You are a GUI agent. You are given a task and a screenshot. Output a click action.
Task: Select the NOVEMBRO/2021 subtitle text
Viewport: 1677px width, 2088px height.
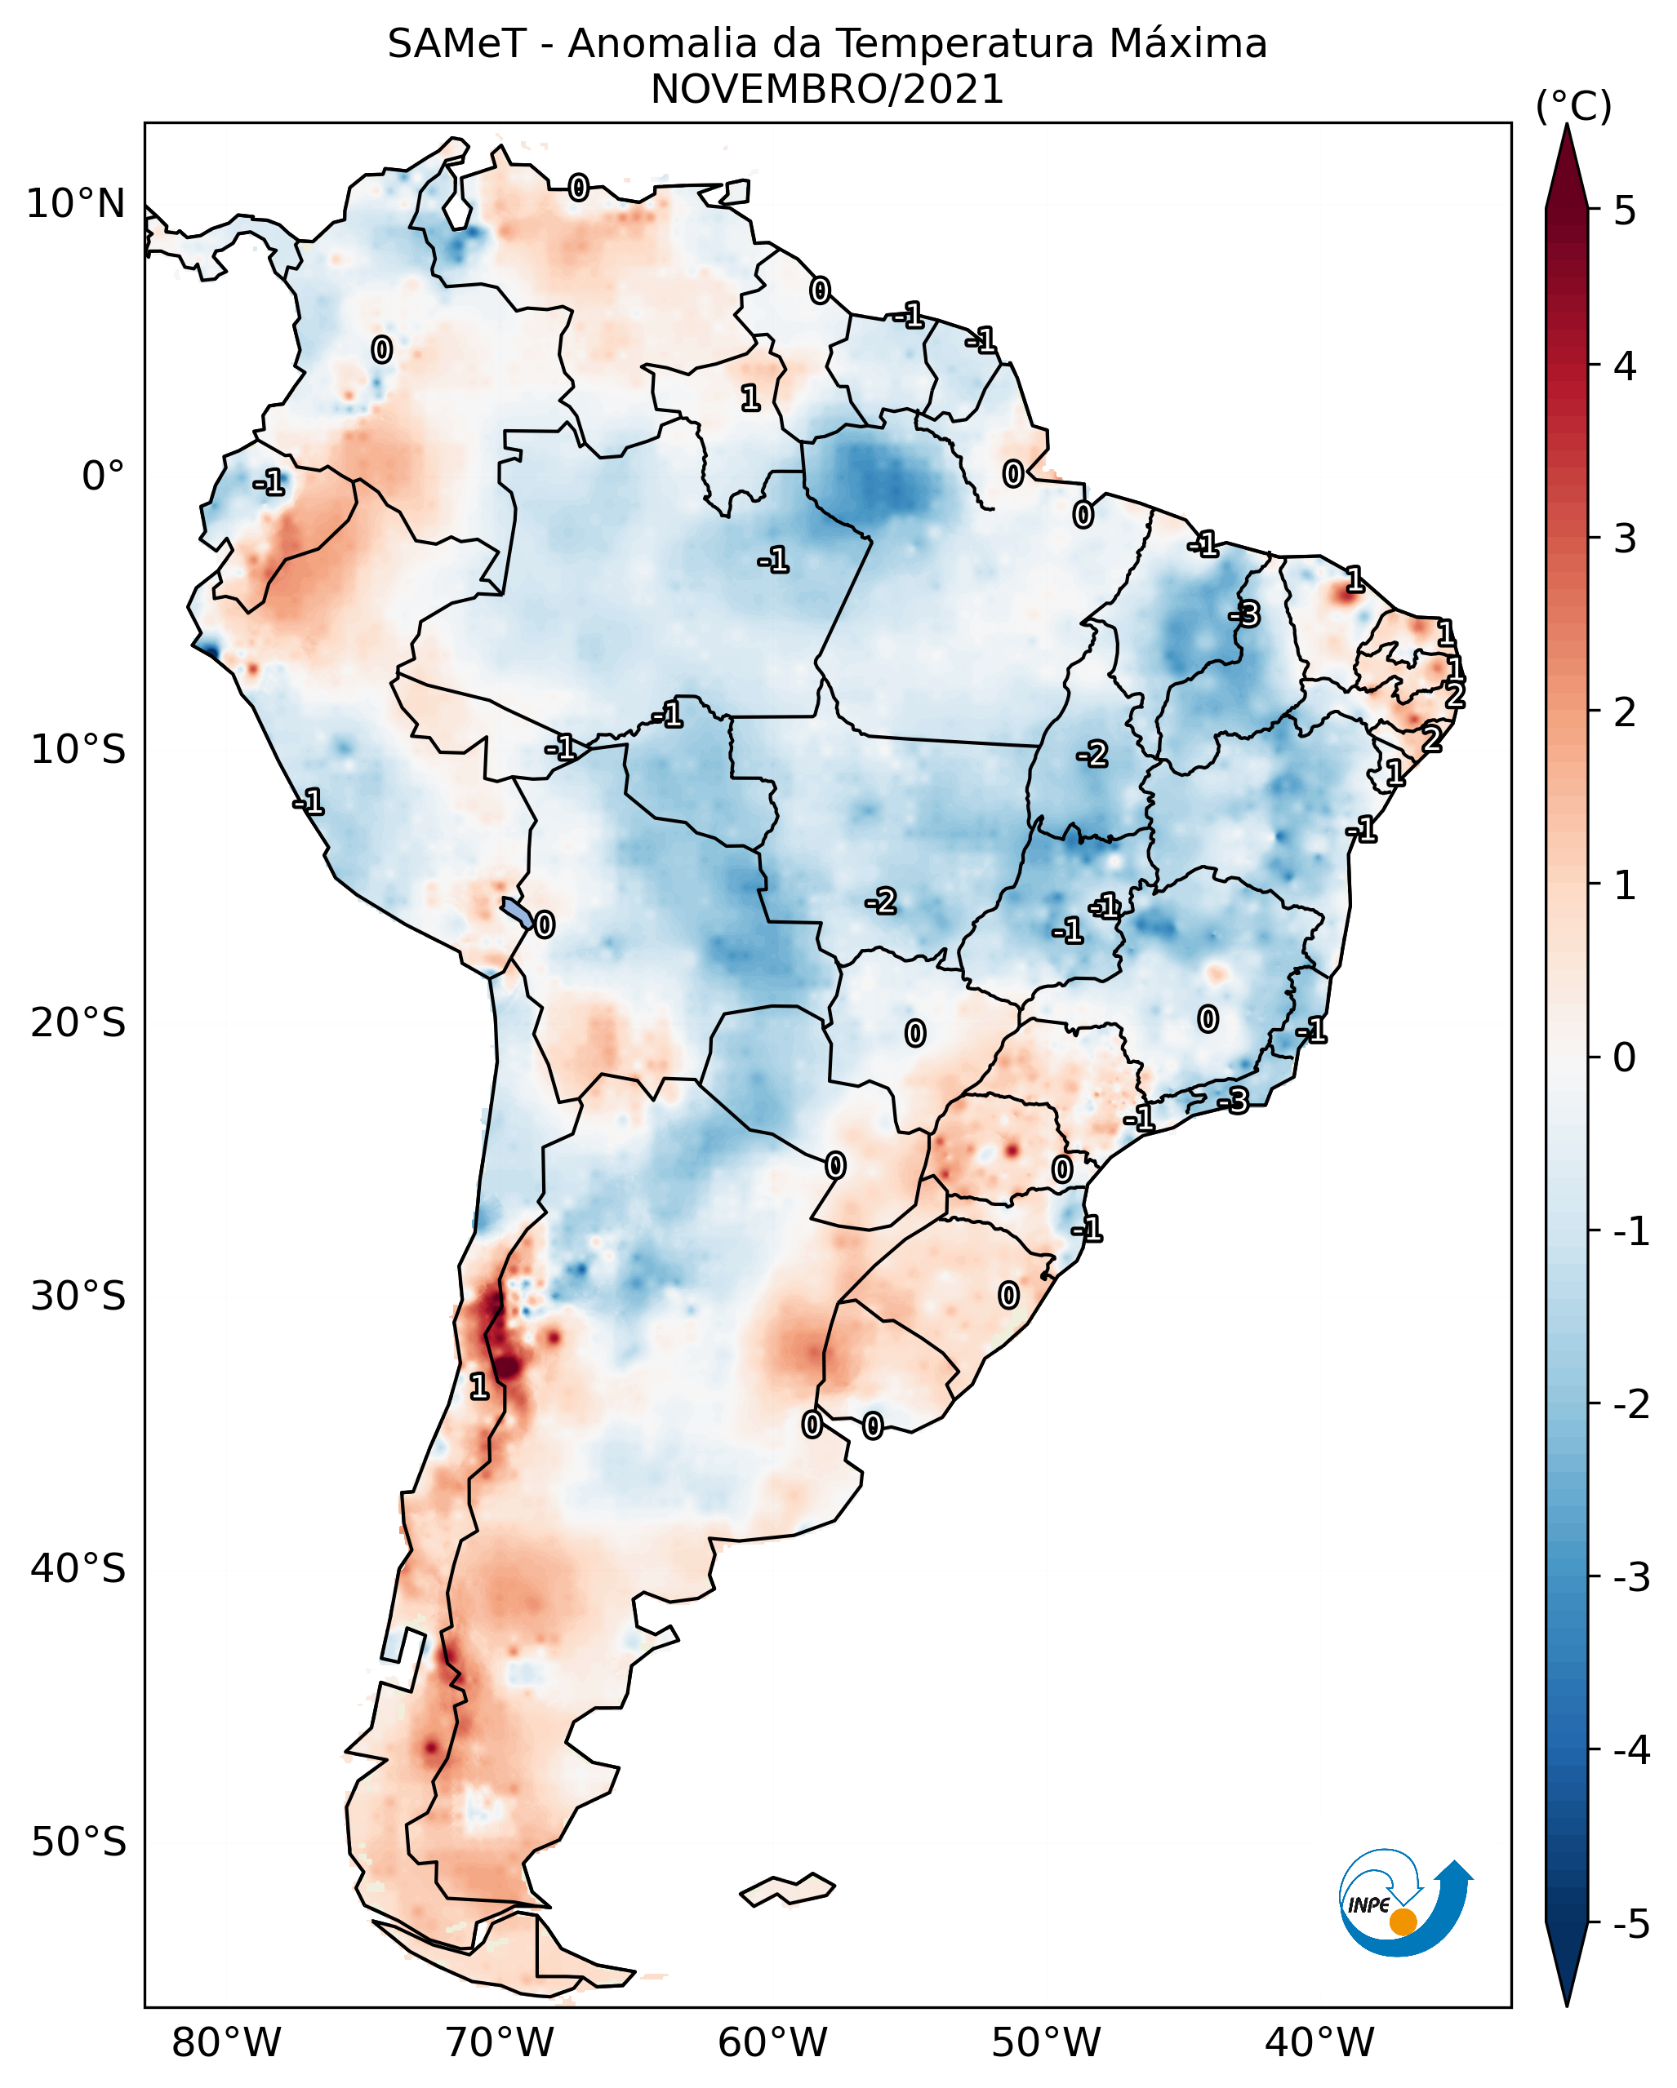point(826,90)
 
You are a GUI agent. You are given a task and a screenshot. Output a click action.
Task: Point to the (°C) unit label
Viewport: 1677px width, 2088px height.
point(1573,107)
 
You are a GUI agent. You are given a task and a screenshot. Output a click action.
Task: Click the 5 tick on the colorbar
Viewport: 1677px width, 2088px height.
point(1625,211)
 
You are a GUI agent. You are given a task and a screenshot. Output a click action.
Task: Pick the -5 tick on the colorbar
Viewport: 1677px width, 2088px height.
point(1630,1923)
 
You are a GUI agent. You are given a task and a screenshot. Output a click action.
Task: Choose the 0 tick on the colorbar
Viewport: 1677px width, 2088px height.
point(1625,1057)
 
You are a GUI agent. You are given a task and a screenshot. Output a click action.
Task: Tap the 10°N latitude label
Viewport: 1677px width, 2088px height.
point(76,204)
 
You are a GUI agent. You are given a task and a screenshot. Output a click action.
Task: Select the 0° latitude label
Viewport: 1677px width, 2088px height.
point(103,477)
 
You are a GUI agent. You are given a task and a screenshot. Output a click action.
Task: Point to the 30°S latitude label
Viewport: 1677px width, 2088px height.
point(78,1296)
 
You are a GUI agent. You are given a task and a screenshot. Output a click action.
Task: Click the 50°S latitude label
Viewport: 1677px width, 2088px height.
point(78,1842)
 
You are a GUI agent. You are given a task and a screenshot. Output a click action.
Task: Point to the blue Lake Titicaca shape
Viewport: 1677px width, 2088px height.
point(518,911)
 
